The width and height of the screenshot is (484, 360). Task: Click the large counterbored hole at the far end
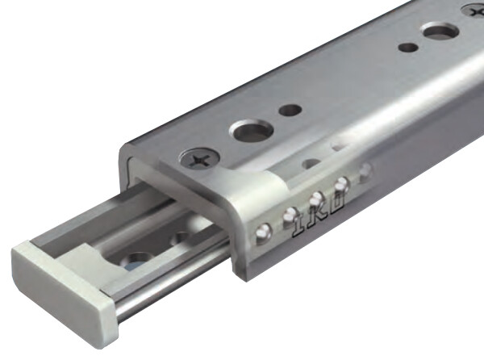click(440, 33)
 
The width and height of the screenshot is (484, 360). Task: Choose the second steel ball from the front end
click(287, 215)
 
